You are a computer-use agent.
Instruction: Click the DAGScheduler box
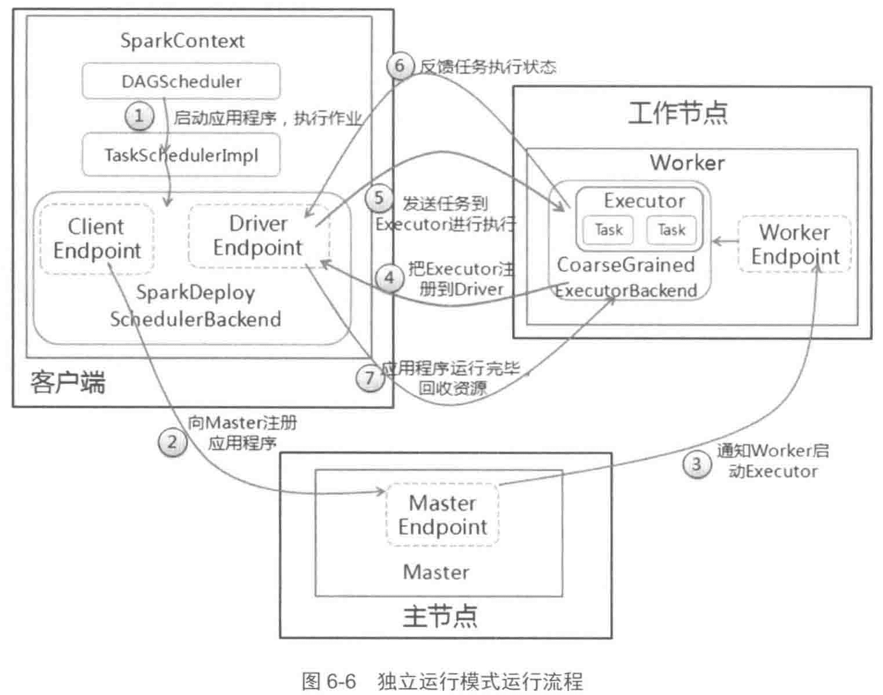[181, 82]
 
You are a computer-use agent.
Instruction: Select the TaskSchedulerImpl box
[181, 155]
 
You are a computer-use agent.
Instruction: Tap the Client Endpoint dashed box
[97, 238]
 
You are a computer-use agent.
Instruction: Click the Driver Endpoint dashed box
[258, 235]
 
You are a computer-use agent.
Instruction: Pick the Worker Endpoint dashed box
[795, 244]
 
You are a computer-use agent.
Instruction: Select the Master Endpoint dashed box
[442, 515]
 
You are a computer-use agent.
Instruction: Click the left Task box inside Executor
[608, 230]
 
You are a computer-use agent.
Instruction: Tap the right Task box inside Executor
[671, 230]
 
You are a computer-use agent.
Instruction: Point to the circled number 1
[139, 116]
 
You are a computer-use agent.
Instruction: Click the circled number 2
[172, 443]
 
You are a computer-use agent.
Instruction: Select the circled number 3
[696, 464]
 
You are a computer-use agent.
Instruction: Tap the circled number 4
[389, 278]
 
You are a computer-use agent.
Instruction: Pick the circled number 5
[379, 198]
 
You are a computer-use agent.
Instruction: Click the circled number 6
[400, 66]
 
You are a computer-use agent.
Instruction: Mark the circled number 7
[370, 379]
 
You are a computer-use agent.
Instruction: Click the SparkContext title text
[182, 41]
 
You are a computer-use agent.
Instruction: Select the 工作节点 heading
[678, 113]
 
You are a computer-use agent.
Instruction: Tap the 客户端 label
[68, 383]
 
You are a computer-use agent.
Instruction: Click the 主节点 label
[440, 616]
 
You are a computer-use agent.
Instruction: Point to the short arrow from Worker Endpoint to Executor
[725, 241]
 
